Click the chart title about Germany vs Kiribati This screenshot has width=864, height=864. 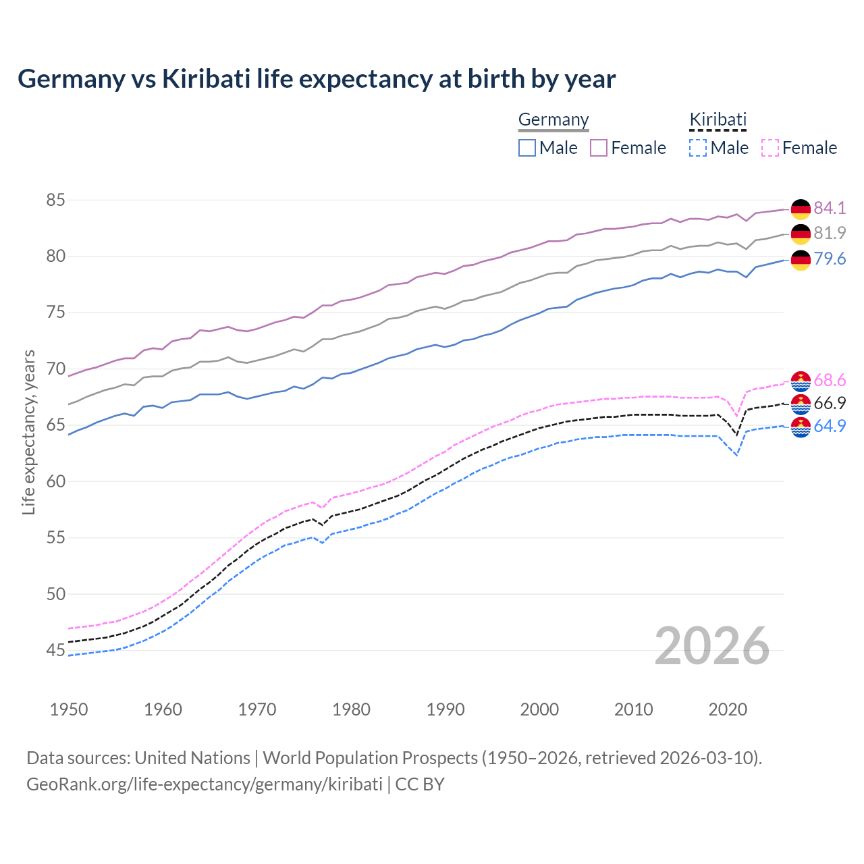pyautogui.click(x=317, y=79)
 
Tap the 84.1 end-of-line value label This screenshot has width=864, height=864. pyautogui.click(x=830, y=208)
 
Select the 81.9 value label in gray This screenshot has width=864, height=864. pyautogui.click(x=830, y=233)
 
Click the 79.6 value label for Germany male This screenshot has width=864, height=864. pyautogui.click(x=830, y=259)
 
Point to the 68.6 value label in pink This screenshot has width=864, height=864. pyautogui.click(x=830, y=380)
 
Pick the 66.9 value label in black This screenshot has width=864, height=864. pyautogui.click(x=830, y=404)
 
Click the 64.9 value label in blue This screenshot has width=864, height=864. pyautogui.click(x=830, y=427)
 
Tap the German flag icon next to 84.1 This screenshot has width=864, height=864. pyautogui.click(x=801, y=209)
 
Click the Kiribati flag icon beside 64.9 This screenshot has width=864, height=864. pyautogui.click(x=801, y=427)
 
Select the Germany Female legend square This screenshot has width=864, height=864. pyautogui.click(x=599, y=148)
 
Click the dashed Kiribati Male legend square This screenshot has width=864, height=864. pyautogui.click(x=698, y=148)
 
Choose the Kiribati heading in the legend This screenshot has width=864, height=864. pyautogui.click(x=718, y=119)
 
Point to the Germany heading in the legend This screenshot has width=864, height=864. pyautogui.click(x=553, y=119)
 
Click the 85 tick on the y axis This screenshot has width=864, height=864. pyautogui.click(x=55, y=200)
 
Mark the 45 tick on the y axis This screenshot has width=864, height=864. pyautogui.click(x=55, y=651)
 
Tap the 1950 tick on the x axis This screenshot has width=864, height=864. pyautogui.click(x=69, y=709)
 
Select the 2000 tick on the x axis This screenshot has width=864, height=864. pyautogui.click(x=539, y=709)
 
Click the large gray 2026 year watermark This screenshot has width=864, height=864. pyautogui.click(x=712, y=646)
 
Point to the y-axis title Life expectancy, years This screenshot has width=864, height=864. pyautogui.click(x=28, y=432)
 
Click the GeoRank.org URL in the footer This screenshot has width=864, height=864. pyautogui.click(x=204, y=784)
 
